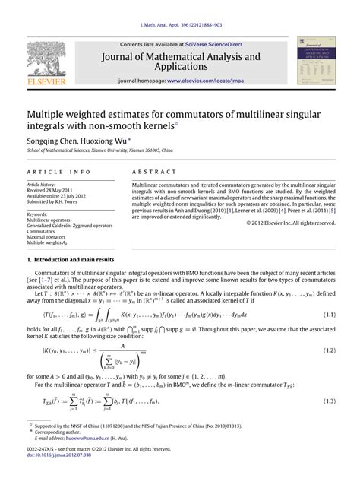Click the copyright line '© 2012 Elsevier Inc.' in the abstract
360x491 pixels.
point(292,223)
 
